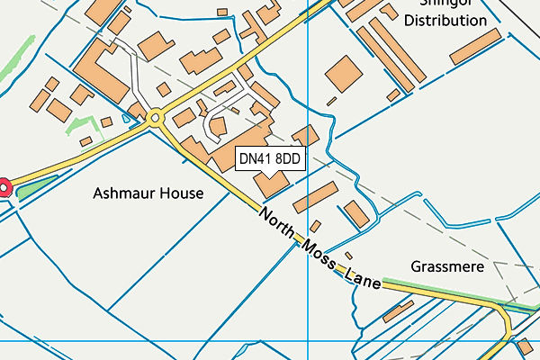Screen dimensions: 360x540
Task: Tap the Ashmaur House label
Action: click(x=148, y=193)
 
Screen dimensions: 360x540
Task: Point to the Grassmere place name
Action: click(x=447, y=267)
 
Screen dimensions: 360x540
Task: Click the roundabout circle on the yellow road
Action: click(x=156, y=116)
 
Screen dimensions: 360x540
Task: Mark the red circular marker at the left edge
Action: click(x=3, y=186)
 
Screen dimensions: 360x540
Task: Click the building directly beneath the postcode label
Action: click(x=272, y=184)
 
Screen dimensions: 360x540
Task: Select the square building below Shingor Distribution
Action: click(x=342, y=75)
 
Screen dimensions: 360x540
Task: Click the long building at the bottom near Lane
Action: click(x=397, y=311)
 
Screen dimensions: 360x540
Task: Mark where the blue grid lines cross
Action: click(x=308, y=341)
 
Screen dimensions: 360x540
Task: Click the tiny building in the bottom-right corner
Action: click(x=523, y=346)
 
